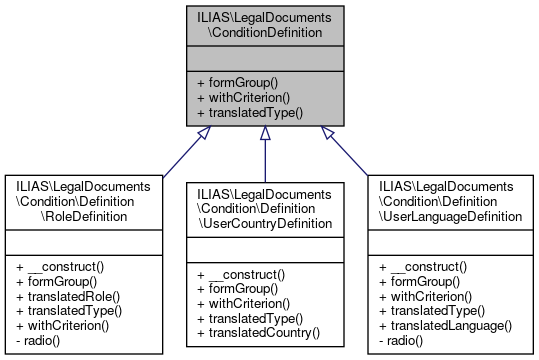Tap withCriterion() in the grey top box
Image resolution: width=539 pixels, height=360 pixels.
242,97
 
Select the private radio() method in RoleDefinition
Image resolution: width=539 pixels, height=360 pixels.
41,340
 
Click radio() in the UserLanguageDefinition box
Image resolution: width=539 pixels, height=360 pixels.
405,340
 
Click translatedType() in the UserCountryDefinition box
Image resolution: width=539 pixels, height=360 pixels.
249,317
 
